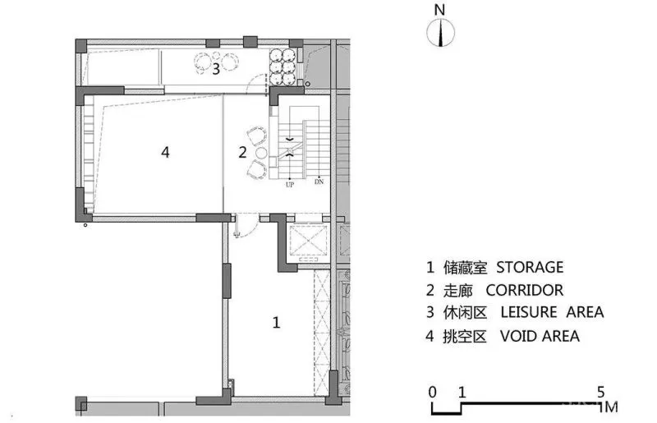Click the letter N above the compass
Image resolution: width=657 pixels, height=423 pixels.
coord(439,10)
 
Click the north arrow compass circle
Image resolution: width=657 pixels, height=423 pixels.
coord(440,32)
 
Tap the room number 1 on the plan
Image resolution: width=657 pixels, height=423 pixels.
coord(276,323)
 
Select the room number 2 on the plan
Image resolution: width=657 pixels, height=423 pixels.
coord(242,152)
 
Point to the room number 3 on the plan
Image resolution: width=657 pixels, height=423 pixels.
coord(216,69)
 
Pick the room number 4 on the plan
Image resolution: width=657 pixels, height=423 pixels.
coord(166,152)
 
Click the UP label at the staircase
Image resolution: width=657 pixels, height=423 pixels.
coord(290,185)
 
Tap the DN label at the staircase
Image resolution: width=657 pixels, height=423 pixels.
coord(319,182)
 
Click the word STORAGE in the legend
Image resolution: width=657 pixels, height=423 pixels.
coord(530,267)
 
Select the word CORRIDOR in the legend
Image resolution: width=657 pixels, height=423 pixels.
coord(525,290)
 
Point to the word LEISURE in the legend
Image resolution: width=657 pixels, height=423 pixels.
coord(529,312)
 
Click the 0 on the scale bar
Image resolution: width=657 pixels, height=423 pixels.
coord(433,393)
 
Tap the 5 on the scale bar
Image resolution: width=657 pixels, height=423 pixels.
coord(601,393)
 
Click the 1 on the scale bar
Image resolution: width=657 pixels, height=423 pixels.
coord(462,393)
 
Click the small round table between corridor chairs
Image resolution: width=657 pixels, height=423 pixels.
coord(261,153)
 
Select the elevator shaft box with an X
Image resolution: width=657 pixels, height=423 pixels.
coord(309,240)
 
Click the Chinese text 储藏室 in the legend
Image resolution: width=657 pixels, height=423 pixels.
coord(465,268)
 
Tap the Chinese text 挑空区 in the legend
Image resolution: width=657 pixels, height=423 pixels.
coord(465,336)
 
